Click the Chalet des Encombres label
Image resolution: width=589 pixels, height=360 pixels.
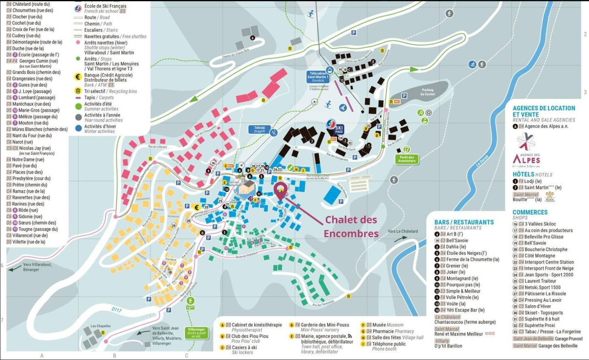(351, 227)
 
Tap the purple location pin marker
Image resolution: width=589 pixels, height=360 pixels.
(280, 190)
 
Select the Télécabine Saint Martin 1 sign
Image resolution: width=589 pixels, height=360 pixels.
(318, 77)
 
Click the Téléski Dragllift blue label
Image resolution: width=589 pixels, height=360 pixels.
(259, 129)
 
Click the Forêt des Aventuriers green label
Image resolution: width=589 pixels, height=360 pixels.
(407, 159)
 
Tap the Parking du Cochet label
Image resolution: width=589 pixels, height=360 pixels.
(427, 92)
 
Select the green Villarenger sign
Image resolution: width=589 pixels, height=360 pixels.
(196, 333)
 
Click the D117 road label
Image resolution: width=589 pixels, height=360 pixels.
(117, 310)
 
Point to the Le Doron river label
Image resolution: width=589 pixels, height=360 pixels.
(482, 160)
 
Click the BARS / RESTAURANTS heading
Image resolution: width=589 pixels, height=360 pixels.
(464, 222)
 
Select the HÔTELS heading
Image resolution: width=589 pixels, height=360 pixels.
(523, 174)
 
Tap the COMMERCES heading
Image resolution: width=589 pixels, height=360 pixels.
(530, 212)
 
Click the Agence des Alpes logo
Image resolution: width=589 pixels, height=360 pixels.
(526, 150)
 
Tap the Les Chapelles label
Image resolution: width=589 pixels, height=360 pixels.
(100, 326)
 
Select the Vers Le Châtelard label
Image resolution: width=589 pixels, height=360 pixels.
(403, 231)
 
